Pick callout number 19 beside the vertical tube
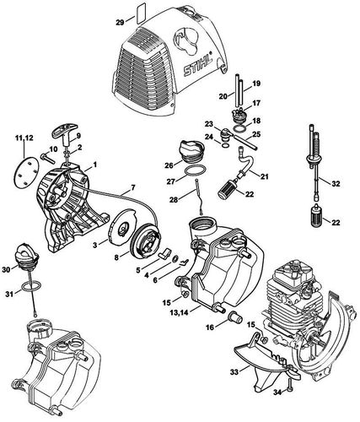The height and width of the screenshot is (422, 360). tap(256, 85)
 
